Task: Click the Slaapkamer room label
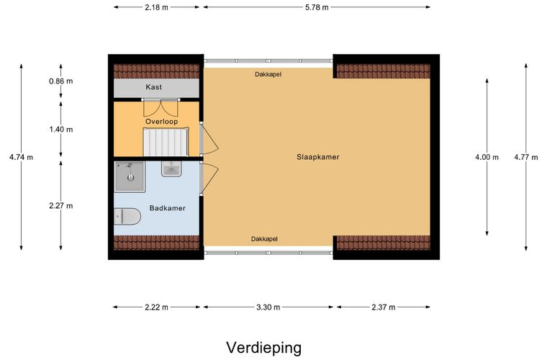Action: (x=317, y=156)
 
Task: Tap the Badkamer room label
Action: (x=167, y=208)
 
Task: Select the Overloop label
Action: (x=161, y=122)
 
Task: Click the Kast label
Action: (x=153, y=87)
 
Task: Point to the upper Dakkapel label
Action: (x=268, y=74)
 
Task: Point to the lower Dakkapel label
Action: (x=264, y=239)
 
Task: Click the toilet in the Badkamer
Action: (x=126, y=215)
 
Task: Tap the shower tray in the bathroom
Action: (x=130, y=177)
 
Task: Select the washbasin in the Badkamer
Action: (x=172, y=170)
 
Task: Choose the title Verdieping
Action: (x=264, y=348)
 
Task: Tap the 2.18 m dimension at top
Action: (x=157, y=8)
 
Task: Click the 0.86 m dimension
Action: (x=61, y=81)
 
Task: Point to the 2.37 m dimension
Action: (x=382, y=307)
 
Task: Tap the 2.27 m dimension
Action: (x=61, y=205)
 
